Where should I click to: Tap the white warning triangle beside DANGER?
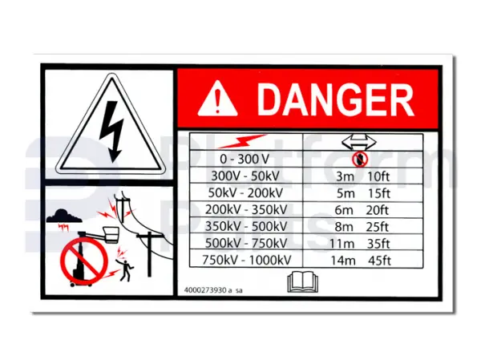pos(217,99)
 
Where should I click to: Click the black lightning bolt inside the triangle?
pos(112,131)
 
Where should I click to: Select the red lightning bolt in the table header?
pos(242,141)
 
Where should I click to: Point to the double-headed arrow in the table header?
pos(359,142)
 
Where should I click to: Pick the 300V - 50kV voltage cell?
pos(245,176)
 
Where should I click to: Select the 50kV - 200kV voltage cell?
pos(245,192)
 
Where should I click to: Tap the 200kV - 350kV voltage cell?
pos(246,209)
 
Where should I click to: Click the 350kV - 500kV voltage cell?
pos(246,226)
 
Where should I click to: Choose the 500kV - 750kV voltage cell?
pos(246,244)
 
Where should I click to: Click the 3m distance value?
pos(345,176)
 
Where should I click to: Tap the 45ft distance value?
pos(379,261)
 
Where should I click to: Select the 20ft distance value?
pos(378,210)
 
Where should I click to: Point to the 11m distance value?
pos(342,244)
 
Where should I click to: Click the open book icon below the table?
pos(303,281)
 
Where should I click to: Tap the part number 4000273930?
pos(205,290)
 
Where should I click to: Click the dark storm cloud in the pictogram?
pos(64,216)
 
